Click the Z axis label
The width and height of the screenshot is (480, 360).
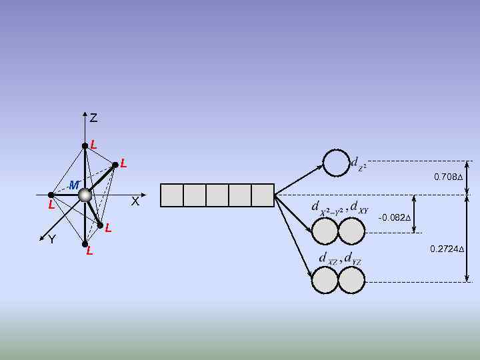pos(93,119)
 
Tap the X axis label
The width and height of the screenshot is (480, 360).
pos(135,201)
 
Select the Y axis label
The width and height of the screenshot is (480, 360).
pos(52,239)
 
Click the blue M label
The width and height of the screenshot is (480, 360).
pos(75,185)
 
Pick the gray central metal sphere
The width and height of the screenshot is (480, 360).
pos(85,195)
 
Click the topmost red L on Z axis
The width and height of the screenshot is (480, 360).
pos(94,144)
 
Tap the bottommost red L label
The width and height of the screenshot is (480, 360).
pos(89,251)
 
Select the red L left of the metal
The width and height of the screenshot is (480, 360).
pos(51,205)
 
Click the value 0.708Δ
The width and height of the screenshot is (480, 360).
pos(447,177)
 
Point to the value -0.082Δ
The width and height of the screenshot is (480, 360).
pos(394,218)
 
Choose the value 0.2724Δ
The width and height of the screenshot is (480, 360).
pos(447,249)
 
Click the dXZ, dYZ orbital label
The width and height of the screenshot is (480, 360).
pos(339,257)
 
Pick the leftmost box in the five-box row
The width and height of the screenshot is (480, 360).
pos(172,195)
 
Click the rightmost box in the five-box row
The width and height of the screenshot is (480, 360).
pos(263,195)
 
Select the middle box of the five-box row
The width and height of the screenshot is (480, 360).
pos(217,195)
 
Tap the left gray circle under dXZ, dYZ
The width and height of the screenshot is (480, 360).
pos(326,280)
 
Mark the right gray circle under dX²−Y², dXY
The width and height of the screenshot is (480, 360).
pos(352,231)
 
